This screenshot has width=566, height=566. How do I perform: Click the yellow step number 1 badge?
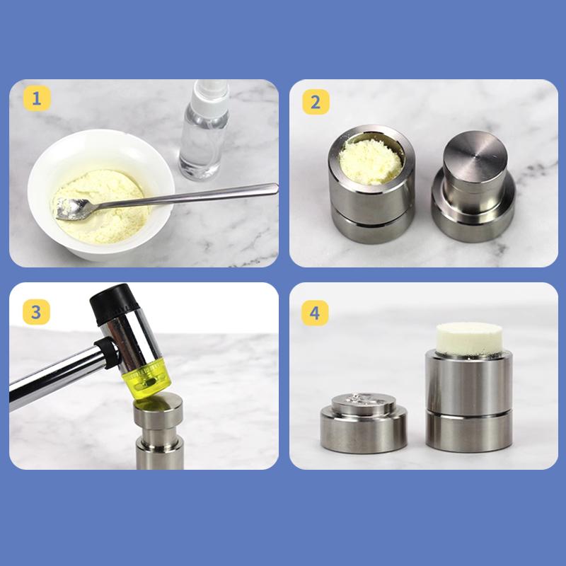[37, 99]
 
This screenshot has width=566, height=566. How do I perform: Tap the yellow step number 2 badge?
[316, 101]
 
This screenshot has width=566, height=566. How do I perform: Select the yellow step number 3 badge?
[37, 311]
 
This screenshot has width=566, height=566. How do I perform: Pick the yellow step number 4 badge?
[316, 311]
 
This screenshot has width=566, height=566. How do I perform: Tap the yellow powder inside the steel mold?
[371, 156]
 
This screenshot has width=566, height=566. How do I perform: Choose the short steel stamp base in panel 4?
[363, 424]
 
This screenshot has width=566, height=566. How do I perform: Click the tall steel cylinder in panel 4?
[468, 403]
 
